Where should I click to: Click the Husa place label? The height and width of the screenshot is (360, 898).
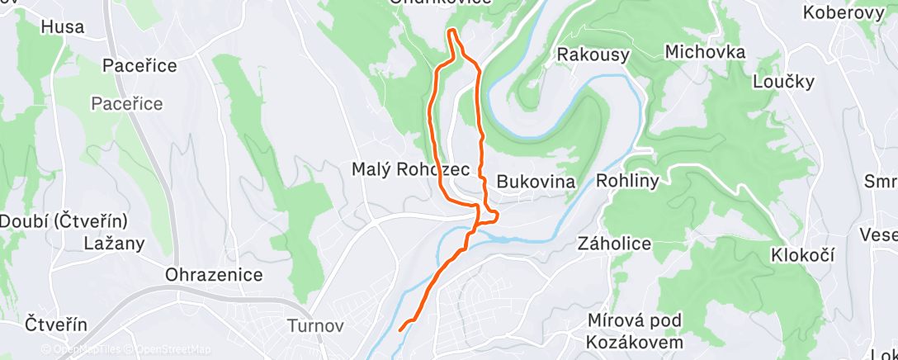coord(63,27)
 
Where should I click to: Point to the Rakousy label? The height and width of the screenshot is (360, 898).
coord(593,55)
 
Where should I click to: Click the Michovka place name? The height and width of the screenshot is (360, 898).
coord(705,52)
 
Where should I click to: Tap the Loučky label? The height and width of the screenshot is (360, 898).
coord(783,81)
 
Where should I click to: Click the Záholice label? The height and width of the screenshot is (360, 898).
coord(614,244)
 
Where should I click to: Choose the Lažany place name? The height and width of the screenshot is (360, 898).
coord(115,244)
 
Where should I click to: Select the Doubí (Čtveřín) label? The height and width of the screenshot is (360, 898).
coord(63,221)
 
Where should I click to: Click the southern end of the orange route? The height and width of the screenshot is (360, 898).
coord(400,329)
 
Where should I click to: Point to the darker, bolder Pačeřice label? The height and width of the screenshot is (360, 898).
coord(139,66)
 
